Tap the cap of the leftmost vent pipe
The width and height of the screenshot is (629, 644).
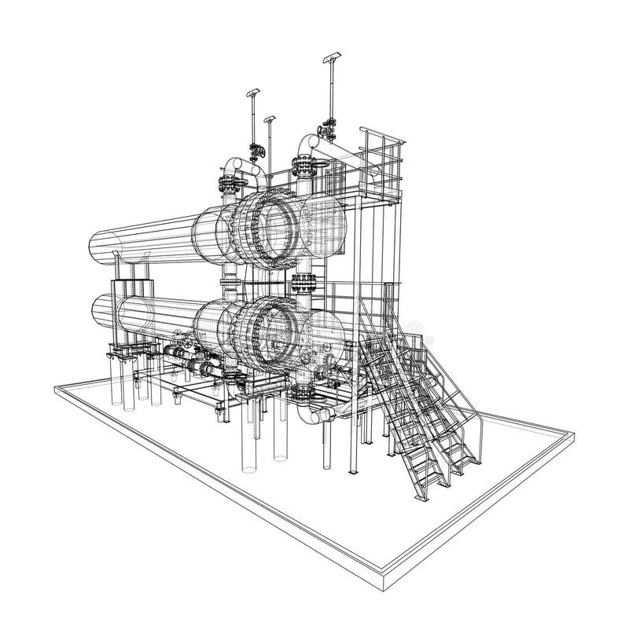tap(254, 92)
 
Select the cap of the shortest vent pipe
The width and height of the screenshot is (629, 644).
tap(270, 119)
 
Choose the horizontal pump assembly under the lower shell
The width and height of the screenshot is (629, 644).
tap(197, 366)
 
